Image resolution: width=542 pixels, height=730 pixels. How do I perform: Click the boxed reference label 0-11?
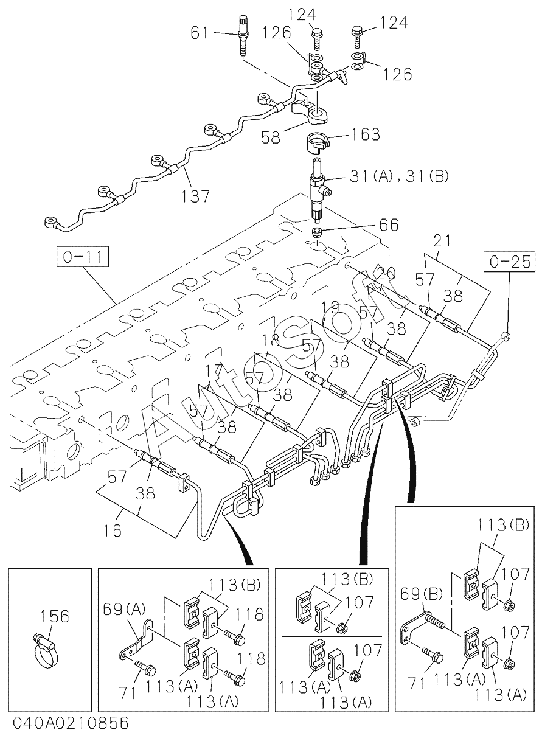(x=83, y=258)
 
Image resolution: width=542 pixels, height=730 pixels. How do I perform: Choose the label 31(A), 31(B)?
(x=399, y=177)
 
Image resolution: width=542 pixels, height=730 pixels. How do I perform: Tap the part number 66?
(x=386, y=225)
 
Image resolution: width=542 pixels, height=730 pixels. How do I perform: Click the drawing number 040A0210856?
(x=64, y=722)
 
